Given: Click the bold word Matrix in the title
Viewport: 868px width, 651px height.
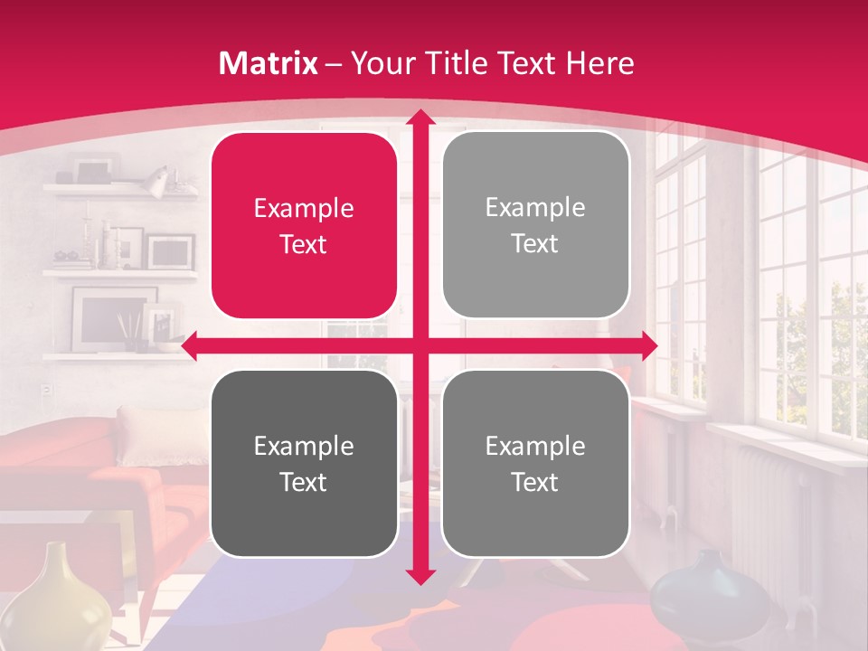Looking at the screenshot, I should click(x=269, y=63).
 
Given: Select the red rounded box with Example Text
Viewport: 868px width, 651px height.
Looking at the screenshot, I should click(x=304, y=225).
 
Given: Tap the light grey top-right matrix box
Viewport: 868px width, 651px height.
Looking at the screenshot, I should click(x=535, y=225).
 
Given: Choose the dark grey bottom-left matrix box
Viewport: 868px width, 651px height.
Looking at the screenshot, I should click(x=304, y=463).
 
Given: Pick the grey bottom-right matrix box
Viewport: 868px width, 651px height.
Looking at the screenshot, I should click(x=535, y=463).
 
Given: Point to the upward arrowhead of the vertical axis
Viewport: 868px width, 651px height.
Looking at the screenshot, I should click(x=420, y=118).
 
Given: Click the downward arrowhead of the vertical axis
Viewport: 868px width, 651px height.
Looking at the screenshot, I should click(x=420, y=576).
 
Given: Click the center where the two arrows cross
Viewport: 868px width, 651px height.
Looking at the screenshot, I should click(x=420, y=345).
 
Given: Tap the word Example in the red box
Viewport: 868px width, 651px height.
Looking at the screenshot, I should click(x=304, y=209).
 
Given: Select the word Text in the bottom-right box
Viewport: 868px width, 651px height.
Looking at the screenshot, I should click(x=535, y=482).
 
